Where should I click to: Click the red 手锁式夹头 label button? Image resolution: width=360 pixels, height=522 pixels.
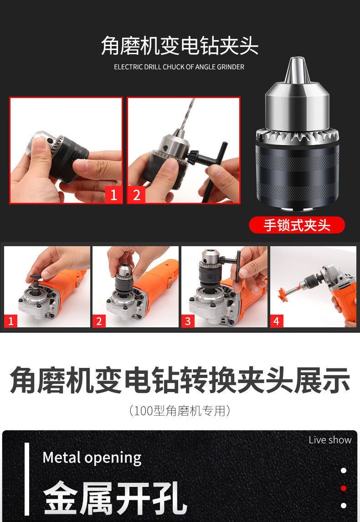(x=297, y=225)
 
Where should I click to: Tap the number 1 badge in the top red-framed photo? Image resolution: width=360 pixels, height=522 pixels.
(x=114, y=195)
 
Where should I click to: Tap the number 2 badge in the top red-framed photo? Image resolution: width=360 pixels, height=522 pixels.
(x=136, y=195)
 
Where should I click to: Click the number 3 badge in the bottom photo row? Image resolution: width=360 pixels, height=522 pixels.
(x=188, y=321)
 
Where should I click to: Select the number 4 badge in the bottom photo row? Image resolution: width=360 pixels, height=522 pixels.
(x=277, y=321)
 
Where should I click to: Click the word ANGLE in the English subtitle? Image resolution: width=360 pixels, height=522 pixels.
(x=205, y=67)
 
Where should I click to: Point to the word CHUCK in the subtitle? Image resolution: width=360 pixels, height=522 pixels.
(x=173, y=67)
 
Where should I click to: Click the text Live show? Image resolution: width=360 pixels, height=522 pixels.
(x=330, y=440)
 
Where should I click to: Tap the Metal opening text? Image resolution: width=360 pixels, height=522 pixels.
(x=92, y=458)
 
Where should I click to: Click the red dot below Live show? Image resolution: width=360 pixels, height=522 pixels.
(x=344, y=488)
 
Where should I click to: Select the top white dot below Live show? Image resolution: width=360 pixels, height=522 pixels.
(x=344, y=470)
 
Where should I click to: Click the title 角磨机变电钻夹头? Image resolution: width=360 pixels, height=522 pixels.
(x=180, y=46)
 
